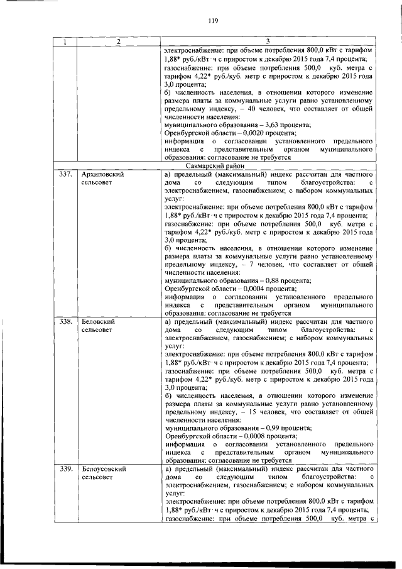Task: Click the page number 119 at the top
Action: (212, 20)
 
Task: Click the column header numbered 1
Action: (64, 41)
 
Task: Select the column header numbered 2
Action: (117, 41)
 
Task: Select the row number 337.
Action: (65, 174)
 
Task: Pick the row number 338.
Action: (65, 321)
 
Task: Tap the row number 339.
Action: (65, 468)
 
